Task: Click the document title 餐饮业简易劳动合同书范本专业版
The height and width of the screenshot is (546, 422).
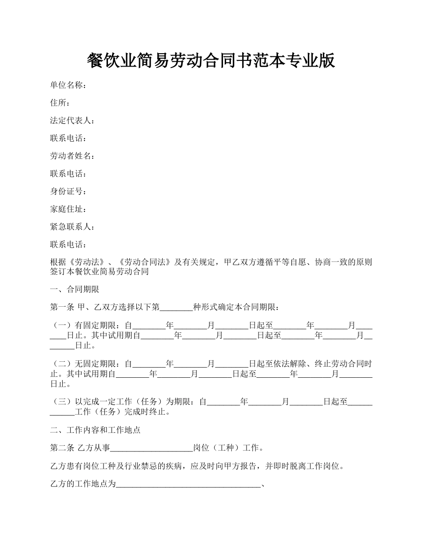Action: (211, 61)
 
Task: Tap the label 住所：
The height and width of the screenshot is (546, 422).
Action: (60, 103)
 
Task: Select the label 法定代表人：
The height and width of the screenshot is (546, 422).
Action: (72, 121)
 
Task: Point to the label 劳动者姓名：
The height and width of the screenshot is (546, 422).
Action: (72, 156)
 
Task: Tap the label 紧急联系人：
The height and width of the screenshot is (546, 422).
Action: (72, 227)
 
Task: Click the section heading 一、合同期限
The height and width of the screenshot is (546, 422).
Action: (75, 289)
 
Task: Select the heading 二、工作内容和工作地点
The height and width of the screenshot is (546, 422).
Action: (96, 430)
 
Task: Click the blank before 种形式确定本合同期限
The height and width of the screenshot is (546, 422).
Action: (176, 307)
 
